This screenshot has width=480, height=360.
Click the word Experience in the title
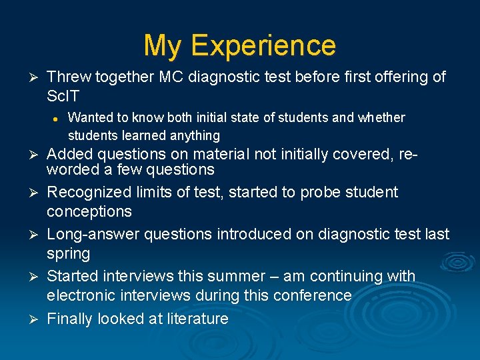tap(263, 46)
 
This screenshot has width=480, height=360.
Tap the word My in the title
tap(162, 46)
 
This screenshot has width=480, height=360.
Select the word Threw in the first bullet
tap(69, 77)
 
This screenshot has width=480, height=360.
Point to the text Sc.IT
tap(63, 97)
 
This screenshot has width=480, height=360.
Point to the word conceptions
tap(89, 212)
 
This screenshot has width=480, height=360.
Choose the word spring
tap(68, 254)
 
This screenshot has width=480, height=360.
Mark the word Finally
tap(70, 319)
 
